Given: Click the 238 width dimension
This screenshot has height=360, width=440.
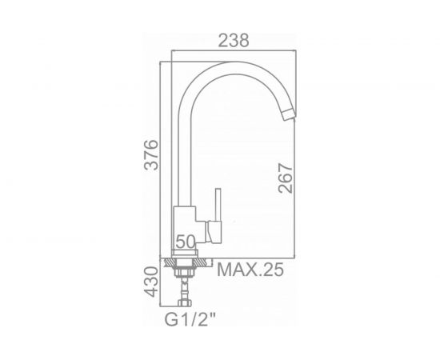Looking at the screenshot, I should click(234, 40).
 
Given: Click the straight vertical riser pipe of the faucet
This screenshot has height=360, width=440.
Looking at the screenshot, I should click(185, 152).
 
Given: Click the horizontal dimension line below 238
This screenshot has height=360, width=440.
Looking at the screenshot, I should click(234, 55).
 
